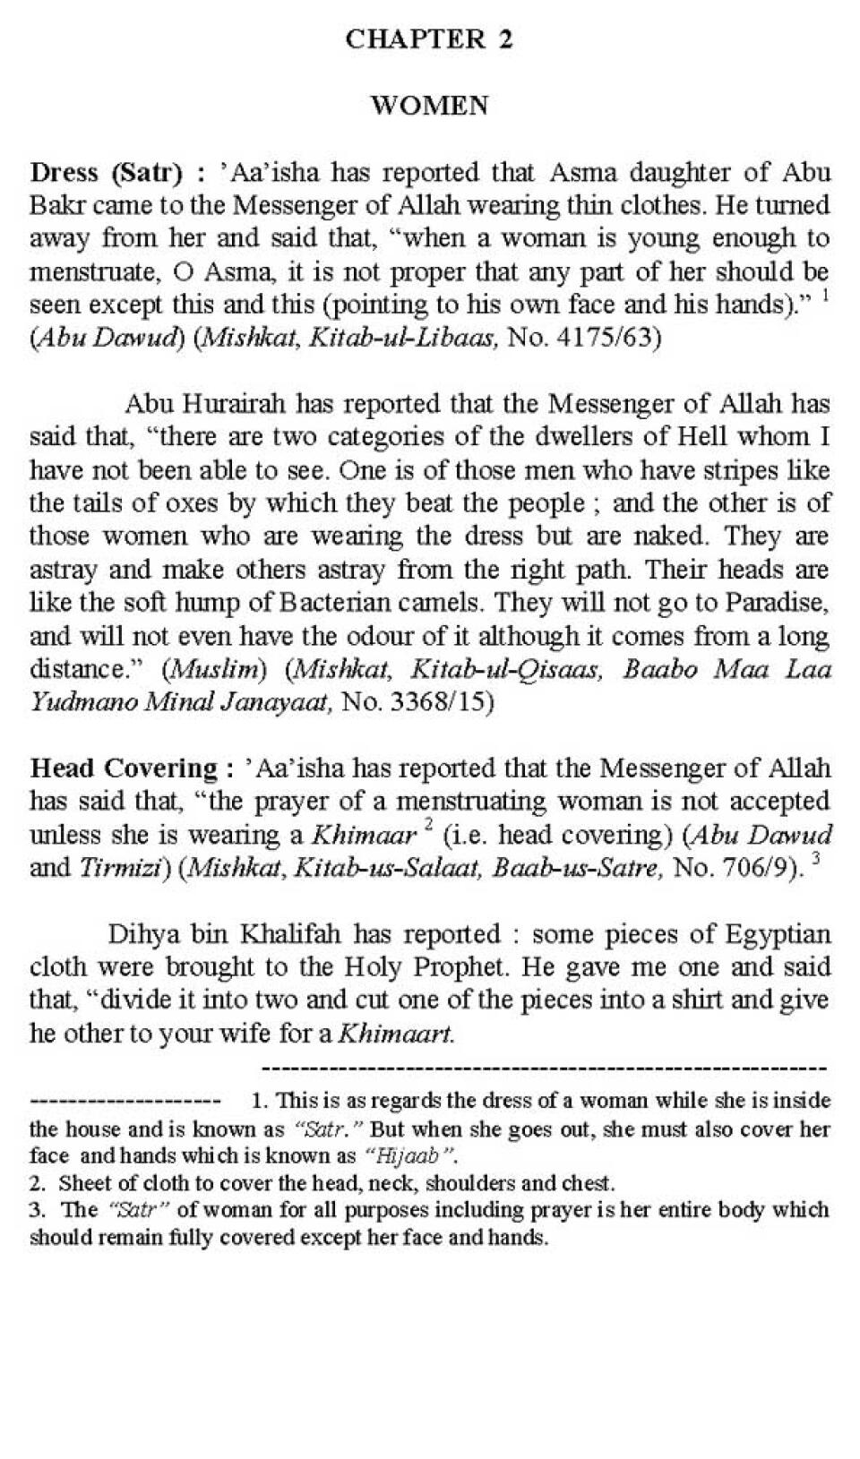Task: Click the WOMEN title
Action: click(429, 106)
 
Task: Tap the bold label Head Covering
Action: click(124, 768)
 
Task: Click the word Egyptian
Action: click(775, 934)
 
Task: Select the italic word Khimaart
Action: click(395, 1034)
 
